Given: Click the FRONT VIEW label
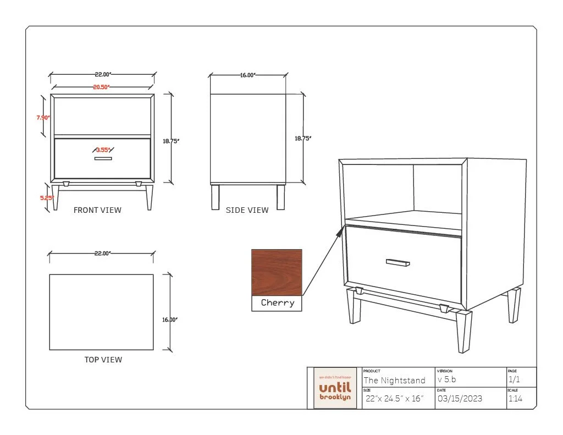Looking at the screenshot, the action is click(97, 210).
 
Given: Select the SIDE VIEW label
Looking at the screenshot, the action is click(247, 210).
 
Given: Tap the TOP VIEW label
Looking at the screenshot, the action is click(103, 360).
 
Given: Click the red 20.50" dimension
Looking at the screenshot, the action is click(101, 87).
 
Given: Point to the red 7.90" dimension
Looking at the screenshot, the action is click(43, 117).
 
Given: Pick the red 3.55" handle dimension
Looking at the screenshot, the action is click(103, 150).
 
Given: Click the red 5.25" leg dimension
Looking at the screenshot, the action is click(46, 198).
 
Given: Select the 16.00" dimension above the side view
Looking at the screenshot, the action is click(248, 75).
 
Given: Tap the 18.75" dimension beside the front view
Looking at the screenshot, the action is click(171, 141).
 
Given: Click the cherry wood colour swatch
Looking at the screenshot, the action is click(277, 273).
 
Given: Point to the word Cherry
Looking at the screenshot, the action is click(277, 303).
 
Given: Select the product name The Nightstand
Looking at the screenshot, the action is click(394, 381).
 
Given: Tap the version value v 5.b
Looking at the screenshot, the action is click(446, 380).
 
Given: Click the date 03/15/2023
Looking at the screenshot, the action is click(459, 399).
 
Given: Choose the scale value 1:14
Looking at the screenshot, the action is click(515, 399).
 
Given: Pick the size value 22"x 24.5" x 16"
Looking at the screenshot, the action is click(394, 399).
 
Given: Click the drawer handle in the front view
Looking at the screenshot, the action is click(103, 159).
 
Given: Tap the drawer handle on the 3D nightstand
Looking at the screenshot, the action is click(398, 262).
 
